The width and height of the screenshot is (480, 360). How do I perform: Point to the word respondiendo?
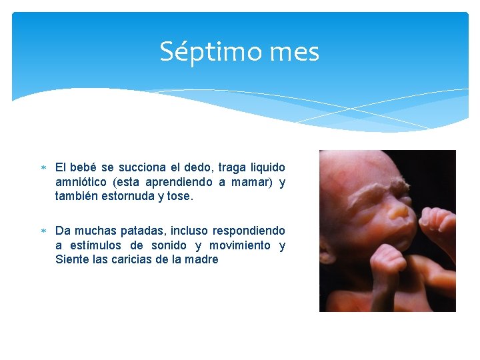249,231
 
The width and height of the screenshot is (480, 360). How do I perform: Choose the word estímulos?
100,245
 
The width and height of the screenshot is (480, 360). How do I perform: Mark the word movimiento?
241,245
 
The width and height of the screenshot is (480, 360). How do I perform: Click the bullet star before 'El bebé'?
43,168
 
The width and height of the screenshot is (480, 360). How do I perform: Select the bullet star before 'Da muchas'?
43,231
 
